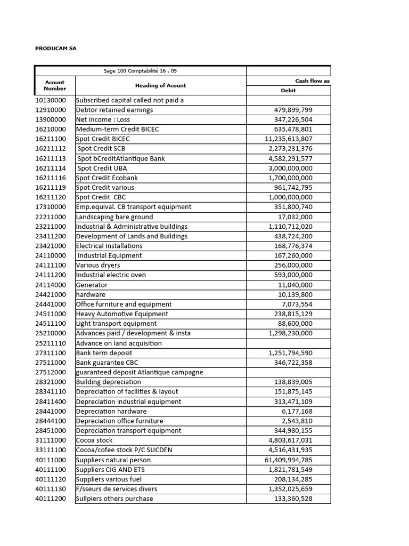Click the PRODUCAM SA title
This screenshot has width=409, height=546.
point(56,48)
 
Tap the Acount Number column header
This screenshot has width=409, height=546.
point(55,85)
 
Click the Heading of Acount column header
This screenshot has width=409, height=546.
point(160,85)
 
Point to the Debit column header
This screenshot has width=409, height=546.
point(288,91)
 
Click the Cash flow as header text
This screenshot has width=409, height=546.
point(313,81)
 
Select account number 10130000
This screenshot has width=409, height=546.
point(51,100)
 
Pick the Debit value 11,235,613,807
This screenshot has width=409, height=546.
point(289,139)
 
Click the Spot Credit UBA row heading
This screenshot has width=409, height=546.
point(102,168)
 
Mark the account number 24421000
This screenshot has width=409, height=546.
point(51,294)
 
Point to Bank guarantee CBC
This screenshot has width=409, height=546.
point(108,363)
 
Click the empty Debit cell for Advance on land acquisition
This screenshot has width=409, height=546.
point(288,343)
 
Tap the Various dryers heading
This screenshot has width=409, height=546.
point(98,265)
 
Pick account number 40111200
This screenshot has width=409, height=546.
point(51,499)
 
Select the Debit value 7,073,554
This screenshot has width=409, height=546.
point(297,304)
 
